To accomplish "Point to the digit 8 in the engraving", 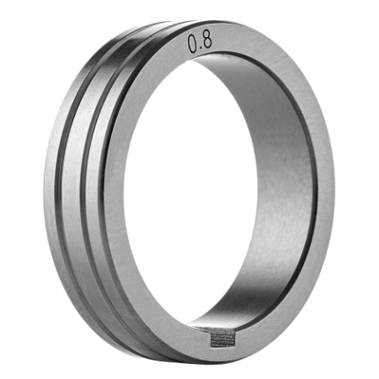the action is pos(207,41).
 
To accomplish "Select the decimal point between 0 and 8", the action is pos(200,50).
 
